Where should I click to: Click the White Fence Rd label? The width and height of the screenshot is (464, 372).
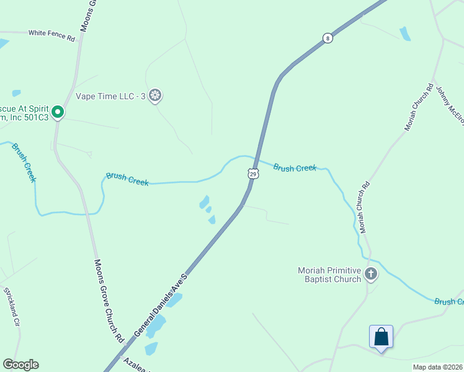(51, 35)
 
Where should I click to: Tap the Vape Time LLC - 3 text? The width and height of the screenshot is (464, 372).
(111, 96)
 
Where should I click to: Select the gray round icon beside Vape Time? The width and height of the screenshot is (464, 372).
(156, 95)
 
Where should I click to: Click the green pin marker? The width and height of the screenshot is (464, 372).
(58, 112)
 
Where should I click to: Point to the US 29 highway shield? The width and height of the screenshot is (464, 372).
(252, 174)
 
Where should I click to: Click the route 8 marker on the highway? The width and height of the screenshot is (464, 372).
(327, 38)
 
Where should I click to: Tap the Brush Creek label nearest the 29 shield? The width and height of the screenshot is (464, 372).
(295, 168)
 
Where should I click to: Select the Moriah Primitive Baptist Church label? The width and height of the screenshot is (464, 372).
(329, 275)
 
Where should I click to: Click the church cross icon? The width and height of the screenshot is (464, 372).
(371, 274)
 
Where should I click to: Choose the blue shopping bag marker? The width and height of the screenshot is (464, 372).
(381, 337)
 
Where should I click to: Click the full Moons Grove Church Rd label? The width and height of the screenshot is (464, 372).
(108, 301)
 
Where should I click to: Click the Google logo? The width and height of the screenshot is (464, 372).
(20, 365)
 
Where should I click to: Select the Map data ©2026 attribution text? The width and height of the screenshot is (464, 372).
(437, 367)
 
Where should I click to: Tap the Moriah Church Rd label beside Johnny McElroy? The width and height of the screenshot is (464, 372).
(418, 107)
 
